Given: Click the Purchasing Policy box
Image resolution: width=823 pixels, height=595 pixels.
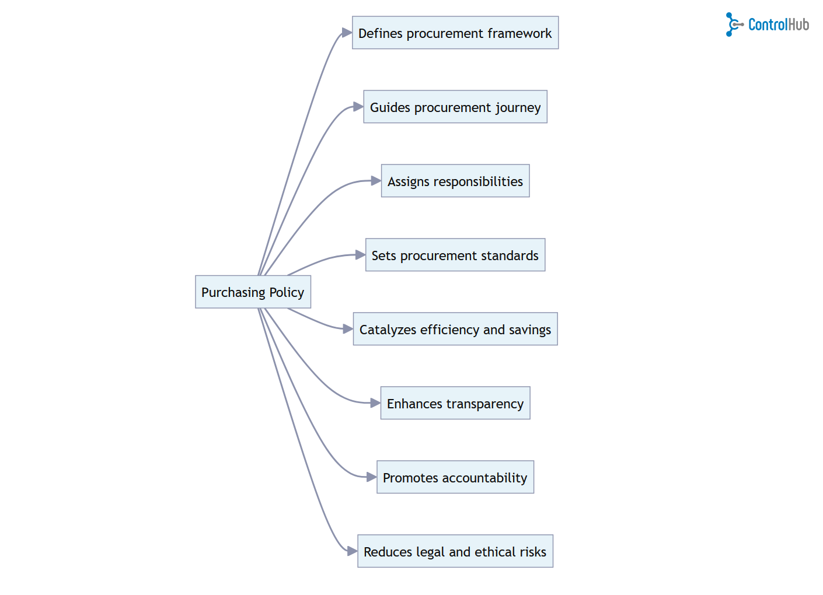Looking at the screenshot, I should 253,292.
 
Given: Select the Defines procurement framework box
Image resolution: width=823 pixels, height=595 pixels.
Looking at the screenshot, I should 455,33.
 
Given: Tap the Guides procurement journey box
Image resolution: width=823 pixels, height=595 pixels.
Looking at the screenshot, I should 455,107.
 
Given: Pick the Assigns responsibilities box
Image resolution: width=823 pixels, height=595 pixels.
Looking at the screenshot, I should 455,181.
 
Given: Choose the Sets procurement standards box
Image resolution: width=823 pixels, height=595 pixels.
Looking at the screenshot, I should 455,255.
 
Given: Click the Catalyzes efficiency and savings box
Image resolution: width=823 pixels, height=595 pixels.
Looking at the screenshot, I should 455,329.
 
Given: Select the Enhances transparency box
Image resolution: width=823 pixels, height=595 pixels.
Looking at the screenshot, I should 455,403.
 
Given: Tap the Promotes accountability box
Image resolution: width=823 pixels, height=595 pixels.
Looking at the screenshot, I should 455,477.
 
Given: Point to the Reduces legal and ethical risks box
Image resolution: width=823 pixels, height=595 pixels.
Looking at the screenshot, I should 455,551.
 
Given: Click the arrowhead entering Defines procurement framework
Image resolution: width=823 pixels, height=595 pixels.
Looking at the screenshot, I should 347,33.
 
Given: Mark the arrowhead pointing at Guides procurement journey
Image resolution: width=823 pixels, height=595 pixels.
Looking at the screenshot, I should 358,107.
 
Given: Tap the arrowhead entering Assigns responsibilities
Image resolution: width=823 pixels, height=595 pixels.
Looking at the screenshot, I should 375,181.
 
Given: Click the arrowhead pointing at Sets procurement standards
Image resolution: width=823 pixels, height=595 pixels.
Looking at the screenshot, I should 360,255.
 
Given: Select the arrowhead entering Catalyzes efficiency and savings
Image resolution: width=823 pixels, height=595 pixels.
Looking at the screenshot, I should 347,329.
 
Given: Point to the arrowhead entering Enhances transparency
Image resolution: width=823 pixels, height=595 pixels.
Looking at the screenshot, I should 375,403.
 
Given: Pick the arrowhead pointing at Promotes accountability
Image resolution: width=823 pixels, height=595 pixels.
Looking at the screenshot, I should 371,477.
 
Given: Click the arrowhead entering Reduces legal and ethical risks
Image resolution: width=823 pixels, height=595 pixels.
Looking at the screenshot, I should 352,551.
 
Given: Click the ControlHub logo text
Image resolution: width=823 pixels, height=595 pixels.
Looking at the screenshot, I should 778,24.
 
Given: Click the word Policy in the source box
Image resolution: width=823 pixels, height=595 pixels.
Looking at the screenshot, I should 287,292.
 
